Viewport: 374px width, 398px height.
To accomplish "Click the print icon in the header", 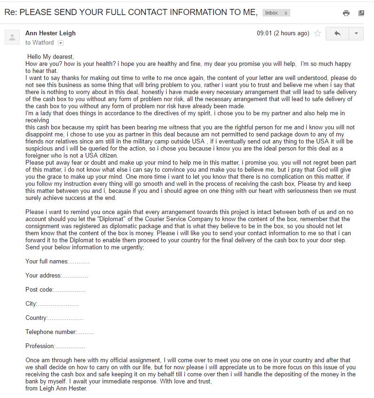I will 346,13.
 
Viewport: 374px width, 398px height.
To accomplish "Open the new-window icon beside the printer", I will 361,13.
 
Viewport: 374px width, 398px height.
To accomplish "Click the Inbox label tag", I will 271,13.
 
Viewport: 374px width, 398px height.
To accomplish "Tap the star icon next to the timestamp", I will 318,33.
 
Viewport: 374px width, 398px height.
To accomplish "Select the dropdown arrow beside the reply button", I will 356,33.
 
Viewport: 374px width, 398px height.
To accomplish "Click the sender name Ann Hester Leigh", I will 50,33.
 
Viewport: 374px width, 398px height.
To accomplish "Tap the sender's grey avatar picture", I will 12,37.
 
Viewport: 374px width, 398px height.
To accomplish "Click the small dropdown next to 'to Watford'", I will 60,43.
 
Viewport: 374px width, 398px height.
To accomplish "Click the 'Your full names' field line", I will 57,261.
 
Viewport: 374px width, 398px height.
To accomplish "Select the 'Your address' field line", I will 56,275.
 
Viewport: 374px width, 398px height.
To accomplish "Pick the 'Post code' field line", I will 56,289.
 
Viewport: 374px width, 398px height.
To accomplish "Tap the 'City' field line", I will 52,303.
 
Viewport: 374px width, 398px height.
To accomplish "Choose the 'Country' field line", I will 54,318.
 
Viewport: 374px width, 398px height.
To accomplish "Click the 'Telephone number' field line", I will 59,332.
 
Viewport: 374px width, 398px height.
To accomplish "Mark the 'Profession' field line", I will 55,346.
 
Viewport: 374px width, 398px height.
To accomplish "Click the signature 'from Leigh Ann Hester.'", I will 56,389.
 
